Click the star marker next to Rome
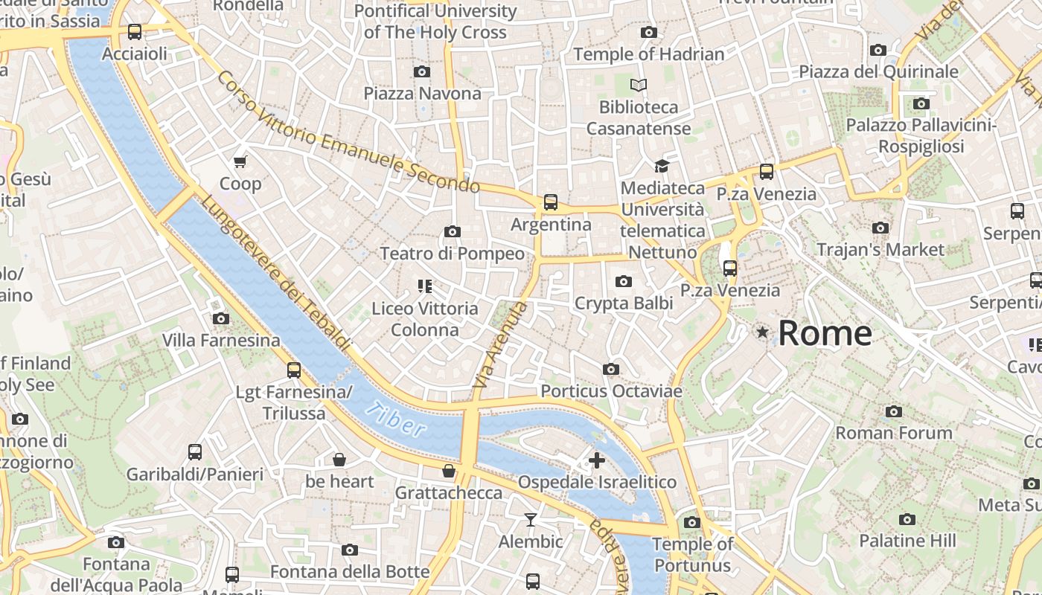point(762,332)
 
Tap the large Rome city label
point(825,332)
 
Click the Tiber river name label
point(399,420)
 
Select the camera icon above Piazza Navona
point(422,71)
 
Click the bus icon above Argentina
point(551,202)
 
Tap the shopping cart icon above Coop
point(240,161)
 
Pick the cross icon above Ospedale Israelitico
point(597,460)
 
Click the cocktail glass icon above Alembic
point(530,519)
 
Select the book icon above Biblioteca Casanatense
point(639,85)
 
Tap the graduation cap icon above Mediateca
point(662,166)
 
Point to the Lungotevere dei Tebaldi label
point(275,274)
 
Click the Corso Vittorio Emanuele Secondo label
point(348,133)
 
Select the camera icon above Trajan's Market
point(880,228)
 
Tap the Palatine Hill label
point(907,541)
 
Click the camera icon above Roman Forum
point(894,411)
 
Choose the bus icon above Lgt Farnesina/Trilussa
point(294,370)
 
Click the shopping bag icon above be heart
point(339,460)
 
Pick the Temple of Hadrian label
point(648,54)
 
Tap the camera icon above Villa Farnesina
point(220,318)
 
